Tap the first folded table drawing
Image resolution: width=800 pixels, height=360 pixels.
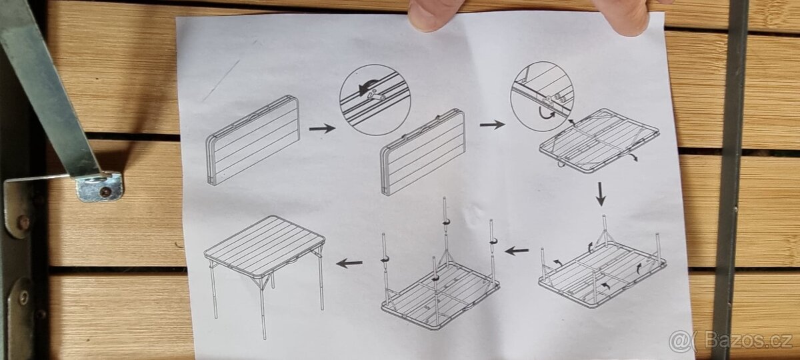(252, 141)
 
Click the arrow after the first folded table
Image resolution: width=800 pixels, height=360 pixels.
(322, 128)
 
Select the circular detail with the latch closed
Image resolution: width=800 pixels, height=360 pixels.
(375, 99)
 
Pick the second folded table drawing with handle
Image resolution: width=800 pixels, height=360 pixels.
(423, 153)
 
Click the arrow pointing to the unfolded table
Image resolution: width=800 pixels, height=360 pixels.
(493, 125)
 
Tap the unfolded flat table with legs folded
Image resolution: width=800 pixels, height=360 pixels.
(599, 141)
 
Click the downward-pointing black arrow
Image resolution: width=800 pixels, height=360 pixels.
(601, 194)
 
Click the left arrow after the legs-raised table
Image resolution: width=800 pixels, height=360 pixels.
(517, 251)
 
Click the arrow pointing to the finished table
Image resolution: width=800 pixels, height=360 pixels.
(349, 263)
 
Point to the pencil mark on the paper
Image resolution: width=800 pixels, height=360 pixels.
(221, 81)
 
